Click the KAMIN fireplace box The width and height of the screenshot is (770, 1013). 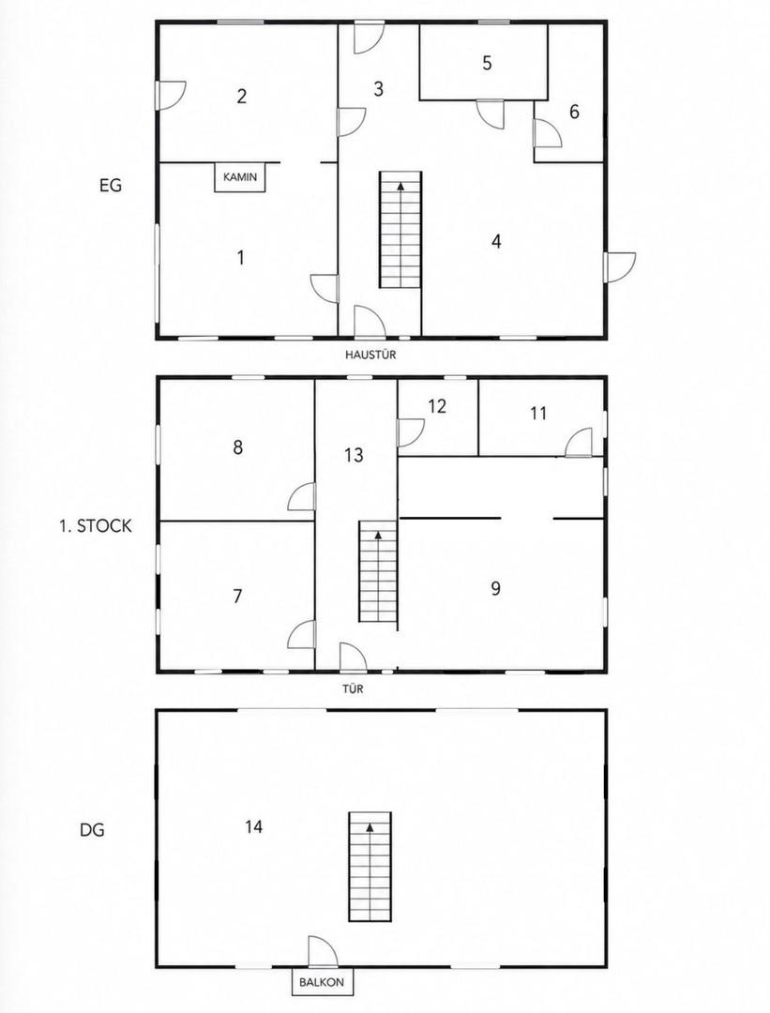point(240,177)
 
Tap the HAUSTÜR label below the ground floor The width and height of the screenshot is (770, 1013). point(370,355)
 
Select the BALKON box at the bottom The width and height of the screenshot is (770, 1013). point(322,983)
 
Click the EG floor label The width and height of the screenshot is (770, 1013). point(111,186)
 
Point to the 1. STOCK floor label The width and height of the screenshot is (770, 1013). point(95,526)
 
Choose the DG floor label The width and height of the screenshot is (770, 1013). point(92,829)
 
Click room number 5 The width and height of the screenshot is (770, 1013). point(487,64)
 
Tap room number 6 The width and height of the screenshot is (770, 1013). point(574,112)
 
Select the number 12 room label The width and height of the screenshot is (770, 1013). point(437,406)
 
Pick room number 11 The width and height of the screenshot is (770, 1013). point(538,413)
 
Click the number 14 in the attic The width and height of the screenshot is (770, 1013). point(254,826)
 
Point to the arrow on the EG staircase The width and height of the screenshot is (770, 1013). point(401,186)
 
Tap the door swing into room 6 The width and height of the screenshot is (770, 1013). point(548,133)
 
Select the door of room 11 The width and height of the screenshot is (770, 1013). point(579,443)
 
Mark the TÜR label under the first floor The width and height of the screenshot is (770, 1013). point(353,688)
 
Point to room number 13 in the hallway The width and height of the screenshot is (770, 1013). point(354,456)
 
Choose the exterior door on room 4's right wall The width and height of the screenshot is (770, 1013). point(620,266)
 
